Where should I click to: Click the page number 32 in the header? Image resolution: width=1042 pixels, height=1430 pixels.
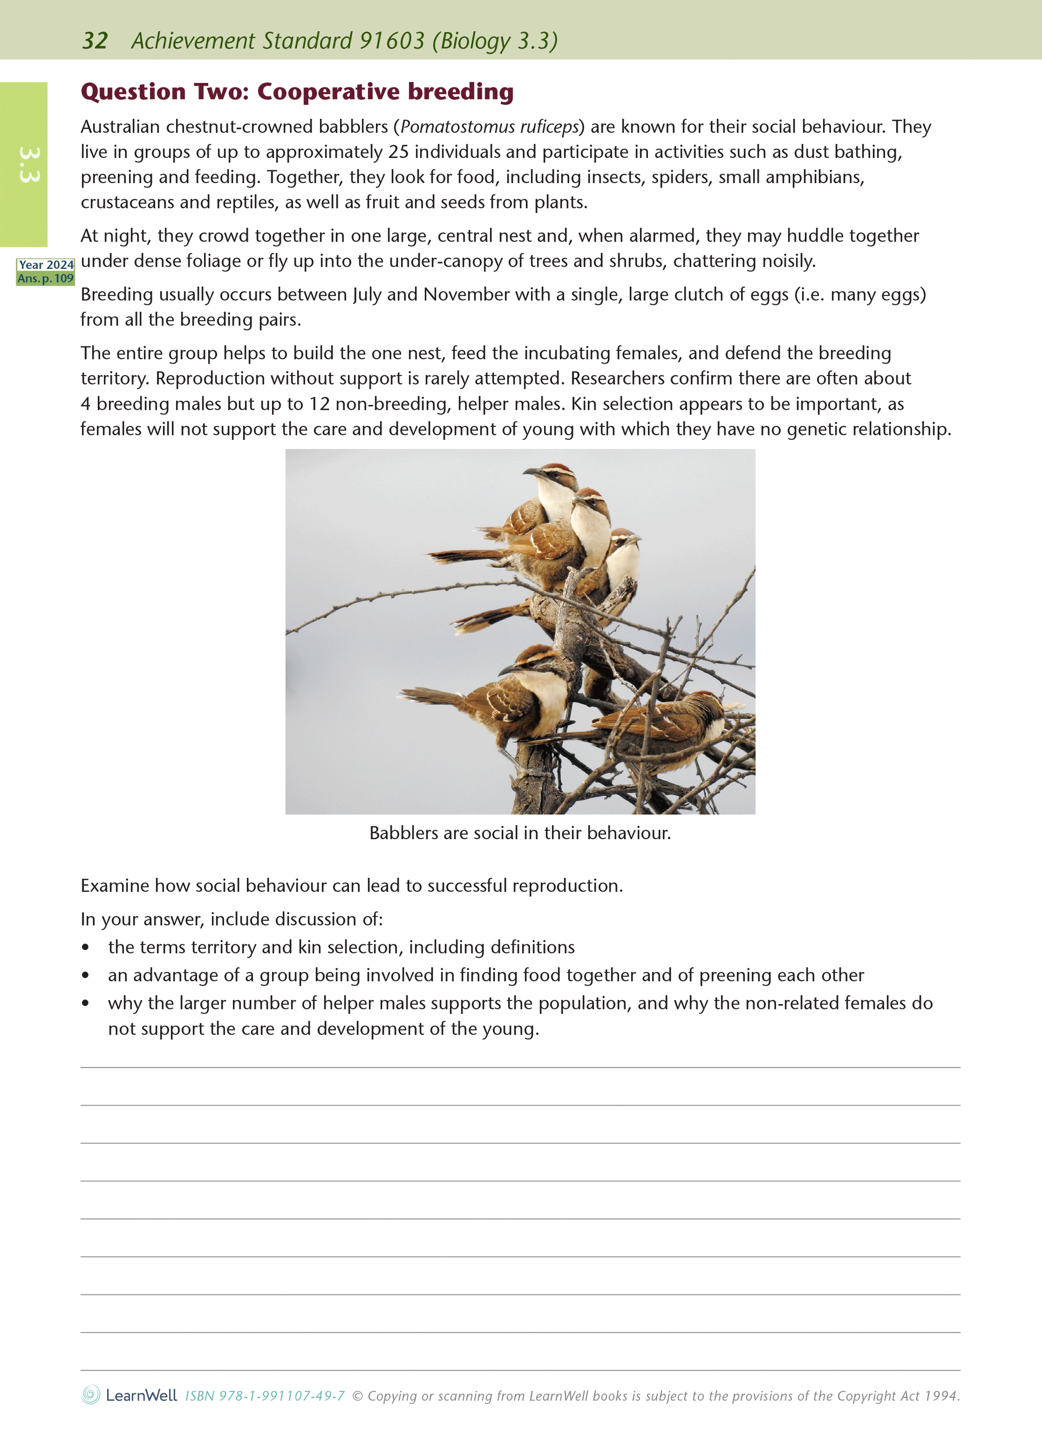95,41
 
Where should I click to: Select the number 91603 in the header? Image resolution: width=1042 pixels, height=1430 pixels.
391,41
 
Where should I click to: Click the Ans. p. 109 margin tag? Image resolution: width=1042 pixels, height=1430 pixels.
46,278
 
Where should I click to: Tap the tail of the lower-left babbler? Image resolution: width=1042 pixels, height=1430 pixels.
429,695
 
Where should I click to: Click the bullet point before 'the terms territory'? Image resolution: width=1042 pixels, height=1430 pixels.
85,948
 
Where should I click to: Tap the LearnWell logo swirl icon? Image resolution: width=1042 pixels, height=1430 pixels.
90,1395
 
